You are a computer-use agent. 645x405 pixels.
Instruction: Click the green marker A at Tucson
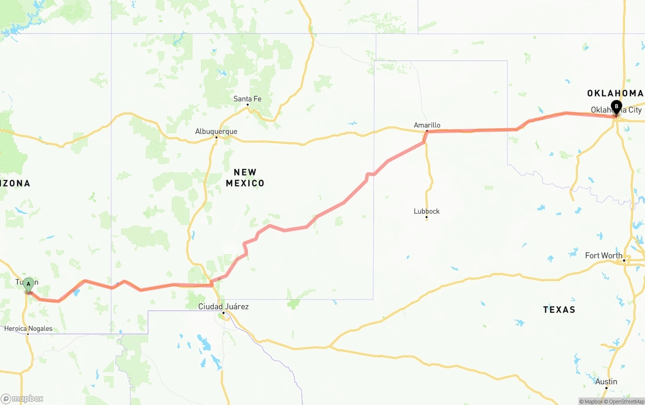(29, 284)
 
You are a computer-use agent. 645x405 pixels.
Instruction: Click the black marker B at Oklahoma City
(616, 106)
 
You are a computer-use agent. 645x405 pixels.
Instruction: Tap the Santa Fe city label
(247, 99)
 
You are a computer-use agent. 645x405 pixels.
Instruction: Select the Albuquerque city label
(216, 132)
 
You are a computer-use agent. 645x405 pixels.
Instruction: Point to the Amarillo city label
(427, 125)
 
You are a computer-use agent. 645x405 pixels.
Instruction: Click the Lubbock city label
(427, 211)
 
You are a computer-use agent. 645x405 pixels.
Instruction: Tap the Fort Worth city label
(604, 256)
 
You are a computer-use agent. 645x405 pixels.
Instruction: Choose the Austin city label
(606, 382)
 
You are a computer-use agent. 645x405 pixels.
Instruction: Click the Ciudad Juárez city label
(223, 307)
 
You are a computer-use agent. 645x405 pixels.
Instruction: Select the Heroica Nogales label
(28, 329)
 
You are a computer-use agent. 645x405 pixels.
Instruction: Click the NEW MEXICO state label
(245, 178)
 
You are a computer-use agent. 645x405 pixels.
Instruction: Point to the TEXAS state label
(559, 310)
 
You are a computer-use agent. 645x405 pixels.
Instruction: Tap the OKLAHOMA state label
(615, 93)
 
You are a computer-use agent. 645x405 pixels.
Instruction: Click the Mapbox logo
(22, 399)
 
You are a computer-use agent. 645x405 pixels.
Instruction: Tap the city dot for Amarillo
(427, 131)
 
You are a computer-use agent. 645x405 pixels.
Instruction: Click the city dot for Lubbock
(427, 217)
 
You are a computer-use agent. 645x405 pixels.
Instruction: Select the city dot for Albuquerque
(216, 137)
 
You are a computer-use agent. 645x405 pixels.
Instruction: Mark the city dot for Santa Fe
(247, 105)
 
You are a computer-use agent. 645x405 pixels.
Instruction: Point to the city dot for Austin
(606, 387)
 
